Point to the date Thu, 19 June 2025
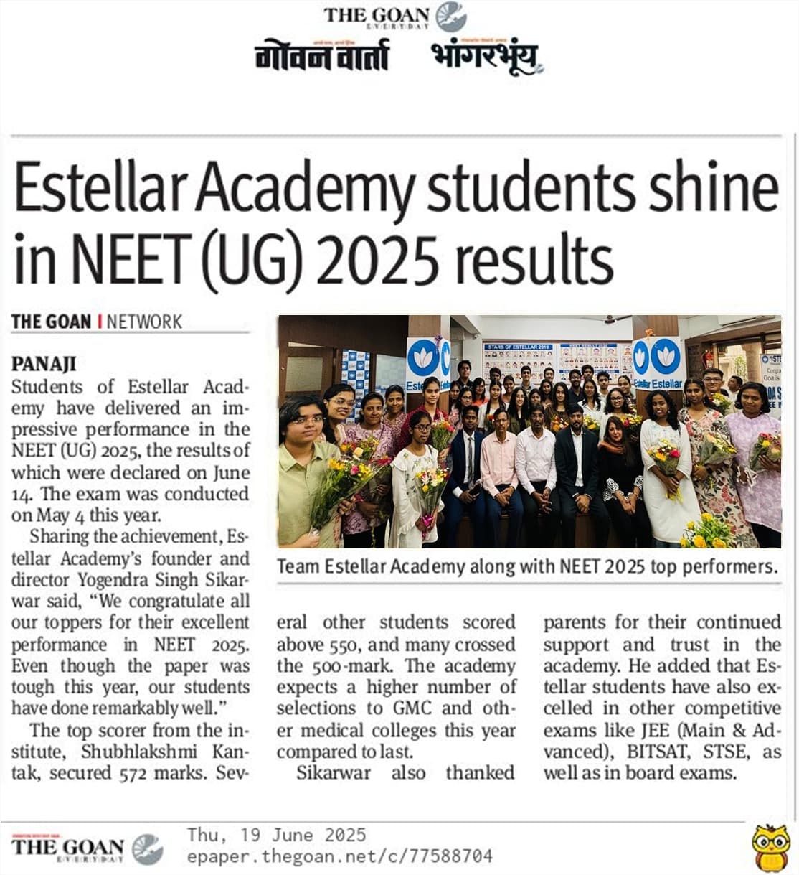[x=276, y=835]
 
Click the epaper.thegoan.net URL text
[x=339, y=856]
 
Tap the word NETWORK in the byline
[x=144, y=322]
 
